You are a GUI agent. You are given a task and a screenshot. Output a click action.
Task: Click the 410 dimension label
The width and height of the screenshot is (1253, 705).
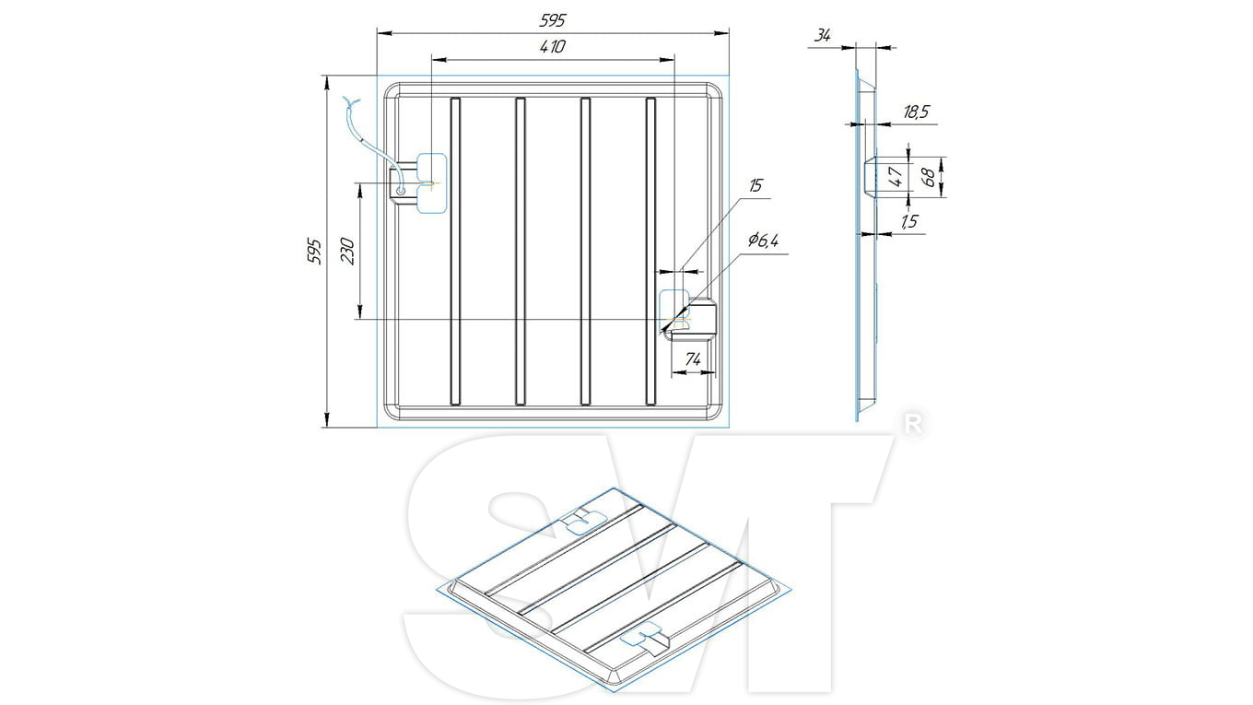click(x=553, y=46)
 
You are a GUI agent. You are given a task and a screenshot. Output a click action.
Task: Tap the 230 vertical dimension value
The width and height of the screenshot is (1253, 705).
click(x=347, y=252)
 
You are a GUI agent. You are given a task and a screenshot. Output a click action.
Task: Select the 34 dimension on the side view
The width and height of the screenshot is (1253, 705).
click(x=822, y=36)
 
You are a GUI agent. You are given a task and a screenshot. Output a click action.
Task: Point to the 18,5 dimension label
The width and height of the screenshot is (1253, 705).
click(x=916, y=112)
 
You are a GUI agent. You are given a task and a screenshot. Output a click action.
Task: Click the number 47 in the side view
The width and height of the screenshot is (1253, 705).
click(x=896, y=176)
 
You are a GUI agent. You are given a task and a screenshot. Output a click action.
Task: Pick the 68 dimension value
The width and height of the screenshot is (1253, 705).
click(x=928, y=177)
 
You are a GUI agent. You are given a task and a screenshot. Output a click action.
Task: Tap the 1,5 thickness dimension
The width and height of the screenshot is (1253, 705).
click(x=909, y=221)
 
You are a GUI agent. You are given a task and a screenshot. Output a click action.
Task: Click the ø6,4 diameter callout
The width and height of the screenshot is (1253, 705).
click(x=763, y=241)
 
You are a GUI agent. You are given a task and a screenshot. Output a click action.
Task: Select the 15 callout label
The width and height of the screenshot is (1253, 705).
click(x=755, y=185)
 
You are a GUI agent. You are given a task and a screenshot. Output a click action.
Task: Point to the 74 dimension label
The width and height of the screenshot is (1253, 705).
click(x=693, y=359)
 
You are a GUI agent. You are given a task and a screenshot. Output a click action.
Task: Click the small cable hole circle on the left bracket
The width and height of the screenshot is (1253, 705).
click(x=401, y=192)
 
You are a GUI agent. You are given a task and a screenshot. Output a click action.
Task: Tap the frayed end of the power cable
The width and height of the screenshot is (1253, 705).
click(x=352, y=102)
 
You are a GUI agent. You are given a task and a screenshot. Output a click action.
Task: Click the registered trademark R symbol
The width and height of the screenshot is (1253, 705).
click(x=913, y=425)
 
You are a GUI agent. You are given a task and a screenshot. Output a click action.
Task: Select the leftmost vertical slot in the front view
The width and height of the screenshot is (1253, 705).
click(x=455, y=252)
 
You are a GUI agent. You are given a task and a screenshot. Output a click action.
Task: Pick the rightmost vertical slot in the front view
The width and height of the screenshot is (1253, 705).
click(x=650, y=252)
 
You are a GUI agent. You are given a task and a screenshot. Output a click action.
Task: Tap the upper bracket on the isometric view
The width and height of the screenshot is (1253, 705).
click(x=583, y=521)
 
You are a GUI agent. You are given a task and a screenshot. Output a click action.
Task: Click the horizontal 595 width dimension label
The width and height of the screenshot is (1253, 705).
click(x=553, y=20)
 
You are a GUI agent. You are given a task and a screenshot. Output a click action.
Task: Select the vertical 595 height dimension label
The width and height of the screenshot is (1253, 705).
click(x=314, y=252)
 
